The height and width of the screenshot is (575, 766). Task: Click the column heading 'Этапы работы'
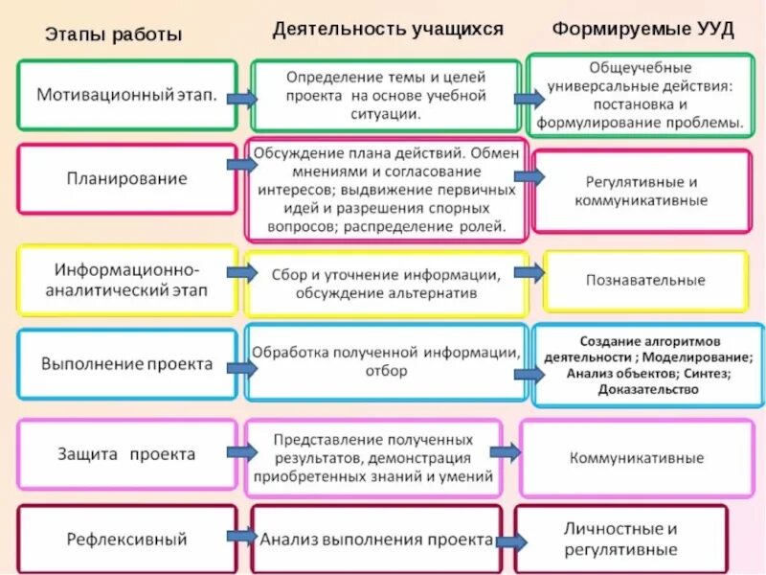point(112,34)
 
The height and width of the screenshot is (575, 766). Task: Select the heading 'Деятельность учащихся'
point(387,30)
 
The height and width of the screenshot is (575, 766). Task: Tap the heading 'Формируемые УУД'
point(642,30)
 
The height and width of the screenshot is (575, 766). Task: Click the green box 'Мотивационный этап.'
point(126,96)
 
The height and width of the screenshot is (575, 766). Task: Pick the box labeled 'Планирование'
point(126,178)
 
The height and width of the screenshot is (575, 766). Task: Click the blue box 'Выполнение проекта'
point(126,364)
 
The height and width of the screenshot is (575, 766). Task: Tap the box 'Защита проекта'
point(126,454)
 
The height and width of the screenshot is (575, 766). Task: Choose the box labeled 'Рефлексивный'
point(126,539)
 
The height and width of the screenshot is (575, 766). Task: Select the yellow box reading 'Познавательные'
point(645,281)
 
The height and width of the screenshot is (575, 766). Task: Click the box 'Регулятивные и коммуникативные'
point(642,191)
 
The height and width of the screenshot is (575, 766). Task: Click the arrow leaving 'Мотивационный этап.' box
point(241,98)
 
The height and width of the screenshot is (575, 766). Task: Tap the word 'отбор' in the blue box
point(386,371)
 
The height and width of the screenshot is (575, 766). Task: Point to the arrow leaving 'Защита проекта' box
point(241,450)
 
